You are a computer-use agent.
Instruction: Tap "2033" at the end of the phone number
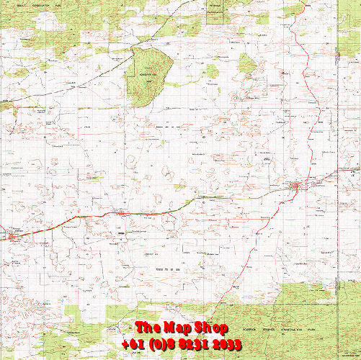pos(228,344)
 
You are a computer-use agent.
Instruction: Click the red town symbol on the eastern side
pos(295,188)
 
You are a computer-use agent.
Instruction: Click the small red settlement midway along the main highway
pos(122,212)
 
